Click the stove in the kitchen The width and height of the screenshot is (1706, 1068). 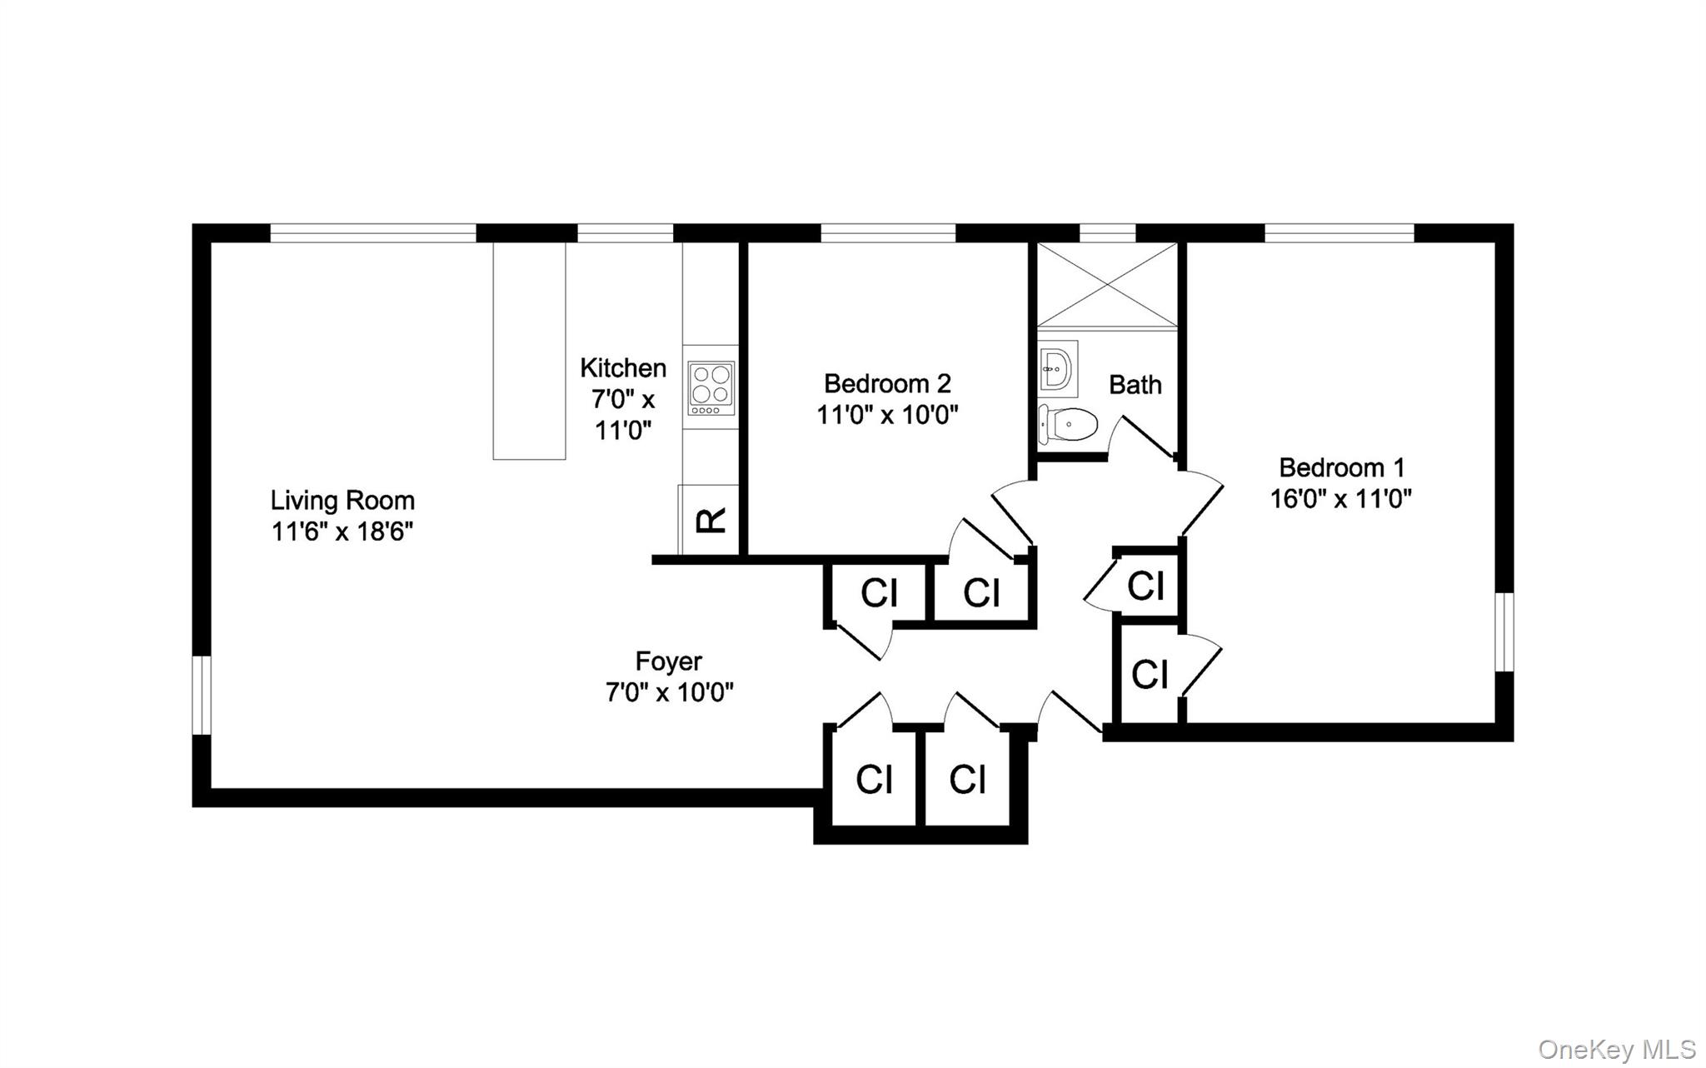point(711,387)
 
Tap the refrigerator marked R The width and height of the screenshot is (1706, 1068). point(709,520)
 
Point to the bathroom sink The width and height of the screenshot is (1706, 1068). point(1058,369)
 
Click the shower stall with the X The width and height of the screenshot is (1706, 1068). point(1107,284)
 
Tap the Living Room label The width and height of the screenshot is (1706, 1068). point(342,501)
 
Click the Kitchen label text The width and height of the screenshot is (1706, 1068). point(623,367)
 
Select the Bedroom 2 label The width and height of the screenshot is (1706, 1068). point(887,383)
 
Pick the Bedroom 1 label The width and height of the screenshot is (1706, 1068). point(1342,467)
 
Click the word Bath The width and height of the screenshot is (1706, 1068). point(1135,385)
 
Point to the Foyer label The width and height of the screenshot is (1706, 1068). point(669,661)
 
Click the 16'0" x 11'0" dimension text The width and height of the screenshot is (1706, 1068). point(1341,499)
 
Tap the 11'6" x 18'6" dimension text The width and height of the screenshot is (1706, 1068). point(342,532)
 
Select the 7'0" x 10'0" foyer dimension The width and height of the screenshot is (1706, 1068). point(670,692)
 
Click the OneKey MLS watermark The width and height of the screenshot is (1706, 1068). point(1617,1049)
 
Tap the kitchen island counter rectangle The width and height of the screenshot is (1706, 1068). point(529,351)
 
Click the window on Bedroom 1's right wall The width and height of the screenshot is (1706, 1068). point(1504,631)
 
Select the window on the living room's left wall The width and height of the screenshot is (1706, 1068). point(202,696)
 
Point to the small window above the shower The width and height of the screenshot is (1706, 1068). point(1108,232)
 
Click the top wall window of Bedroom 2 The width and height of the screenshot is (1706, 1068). point(888,232)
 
